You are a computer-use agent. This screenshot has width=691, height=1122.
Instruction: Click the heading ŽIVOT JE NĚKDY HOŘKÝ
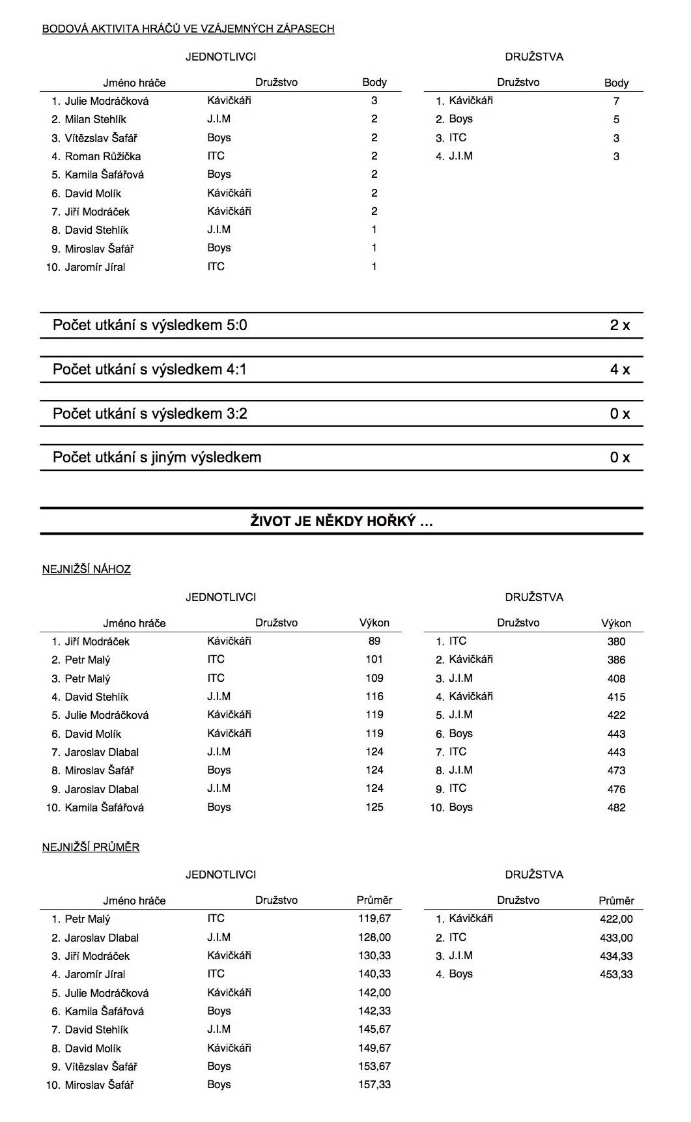point(341,521)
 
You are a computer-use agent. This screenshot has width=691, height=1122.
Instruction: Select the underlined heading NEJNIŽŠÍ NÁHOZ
point(87,569)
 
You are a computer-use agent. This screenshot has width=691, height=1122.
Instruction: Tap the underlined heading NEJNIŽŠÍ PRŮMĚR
point(91,847)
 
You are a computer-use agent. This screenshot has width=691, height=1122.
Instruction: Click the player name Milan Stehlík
point(95,119)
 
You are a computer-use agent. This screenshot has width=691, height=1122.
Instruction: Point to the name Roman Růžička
point(102,156)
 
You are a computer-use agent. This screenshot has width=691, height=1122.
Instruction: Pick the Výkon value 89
point(374,641)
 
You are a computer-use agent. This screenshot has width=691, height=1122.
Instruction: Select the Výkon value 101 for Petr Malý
point(374,659)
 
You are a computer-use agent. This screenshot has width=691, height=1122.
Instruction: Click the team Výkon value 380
point(615,641)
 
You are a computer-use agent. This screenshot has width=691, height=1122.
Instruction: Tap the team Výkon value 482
point(615,807)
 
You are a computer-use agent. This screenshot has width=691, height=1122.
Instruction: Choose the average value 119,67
point(374,919)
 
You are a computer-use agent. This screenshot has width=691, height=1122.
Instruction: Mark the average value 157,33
point(374,1085)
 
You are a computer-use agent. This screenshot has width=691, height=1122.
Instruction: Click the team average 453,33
point(615,974)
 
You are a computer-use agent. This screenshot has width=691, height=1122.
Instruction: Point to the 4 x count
point(619,369)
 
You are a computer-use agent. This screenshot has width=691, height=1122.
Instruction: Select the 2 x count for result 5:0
point(619,325)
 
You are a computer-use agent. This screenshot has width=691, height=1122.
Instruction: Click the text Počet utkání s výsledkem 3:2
point(150,414)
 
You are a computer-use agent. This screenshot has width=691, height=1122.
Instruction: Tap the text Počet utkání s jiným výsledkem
point(157,457)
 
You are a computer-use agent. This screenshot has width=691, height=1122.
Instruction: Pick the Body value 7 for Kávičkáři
point(616,101)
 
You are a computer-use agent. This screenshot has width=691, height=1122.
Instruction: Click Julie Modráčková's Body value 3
point(374,100)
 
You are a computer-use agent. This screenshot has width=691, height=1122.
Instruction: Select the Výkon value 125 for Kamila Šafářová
point(374,807)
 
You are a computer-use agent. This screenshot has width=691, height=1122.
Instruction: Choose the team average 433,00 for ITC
point(615,938)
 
